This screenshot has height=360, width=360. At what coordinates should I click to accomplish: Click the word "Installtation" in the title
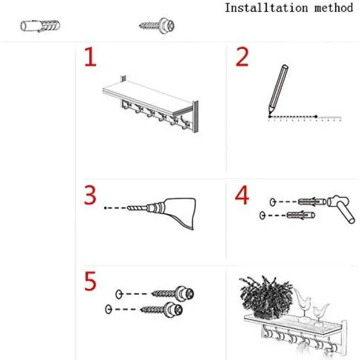coord(266,8)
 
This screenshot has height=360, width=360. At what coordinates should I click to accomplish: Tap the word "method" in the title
coord(334,8)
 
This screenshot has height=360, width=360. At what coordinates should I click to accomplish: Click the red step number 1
coord(90,57)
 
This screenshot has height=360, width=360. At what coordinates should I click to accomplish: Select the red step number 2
coord(242,57)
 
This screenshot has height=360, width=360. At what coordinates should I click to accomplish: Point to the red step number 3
coord(90,195)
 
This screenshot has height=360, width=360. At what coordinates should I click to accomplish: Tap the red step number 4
coord(242,195)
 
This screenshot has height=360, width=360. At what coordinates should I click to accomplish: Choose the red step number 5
coord(90,281)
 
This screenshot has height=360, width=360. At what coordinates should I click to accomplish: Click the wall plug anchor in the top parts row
coord(40,26)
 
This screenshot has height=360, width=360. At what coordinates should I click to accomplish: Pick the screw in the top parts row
coord(157,25)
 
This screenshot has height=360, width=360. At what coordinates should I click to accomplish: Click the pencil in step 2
coord(278,89)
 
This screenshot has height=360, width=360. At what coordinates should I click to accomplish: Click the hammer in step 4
coord(341,208)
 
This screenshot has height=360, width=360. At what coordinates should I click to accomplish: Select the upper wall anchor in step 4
coord(312,202)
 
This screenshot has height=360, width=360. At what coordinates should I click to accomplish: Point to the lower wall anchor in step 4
coord(301,216)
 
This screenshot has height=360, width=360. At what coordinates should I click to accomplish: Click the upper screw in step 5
coord(173,293)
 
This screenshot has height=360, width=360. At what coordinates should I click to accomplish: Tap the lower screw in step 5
coord(162,310)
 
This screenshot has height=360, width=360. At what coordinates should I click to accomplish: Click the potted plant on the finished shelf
coord(266,297)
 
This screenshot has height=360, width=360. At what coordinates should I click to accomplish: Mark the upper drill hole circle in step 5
coord(119,294)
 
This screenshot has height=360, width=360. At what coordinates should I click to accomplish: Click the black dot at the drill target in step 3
coord(105,208)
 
